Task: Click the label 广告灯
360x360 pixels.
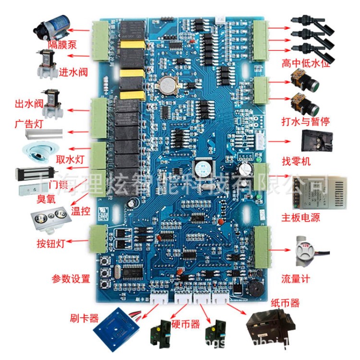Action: (x=29, y=124)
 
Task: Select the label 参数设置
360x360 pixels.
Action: (x=71, y=278)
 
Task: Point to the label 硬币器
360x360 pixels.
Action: (x=185, y=324)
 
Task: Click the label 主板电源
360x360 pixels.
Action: (x=301, y=218)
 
